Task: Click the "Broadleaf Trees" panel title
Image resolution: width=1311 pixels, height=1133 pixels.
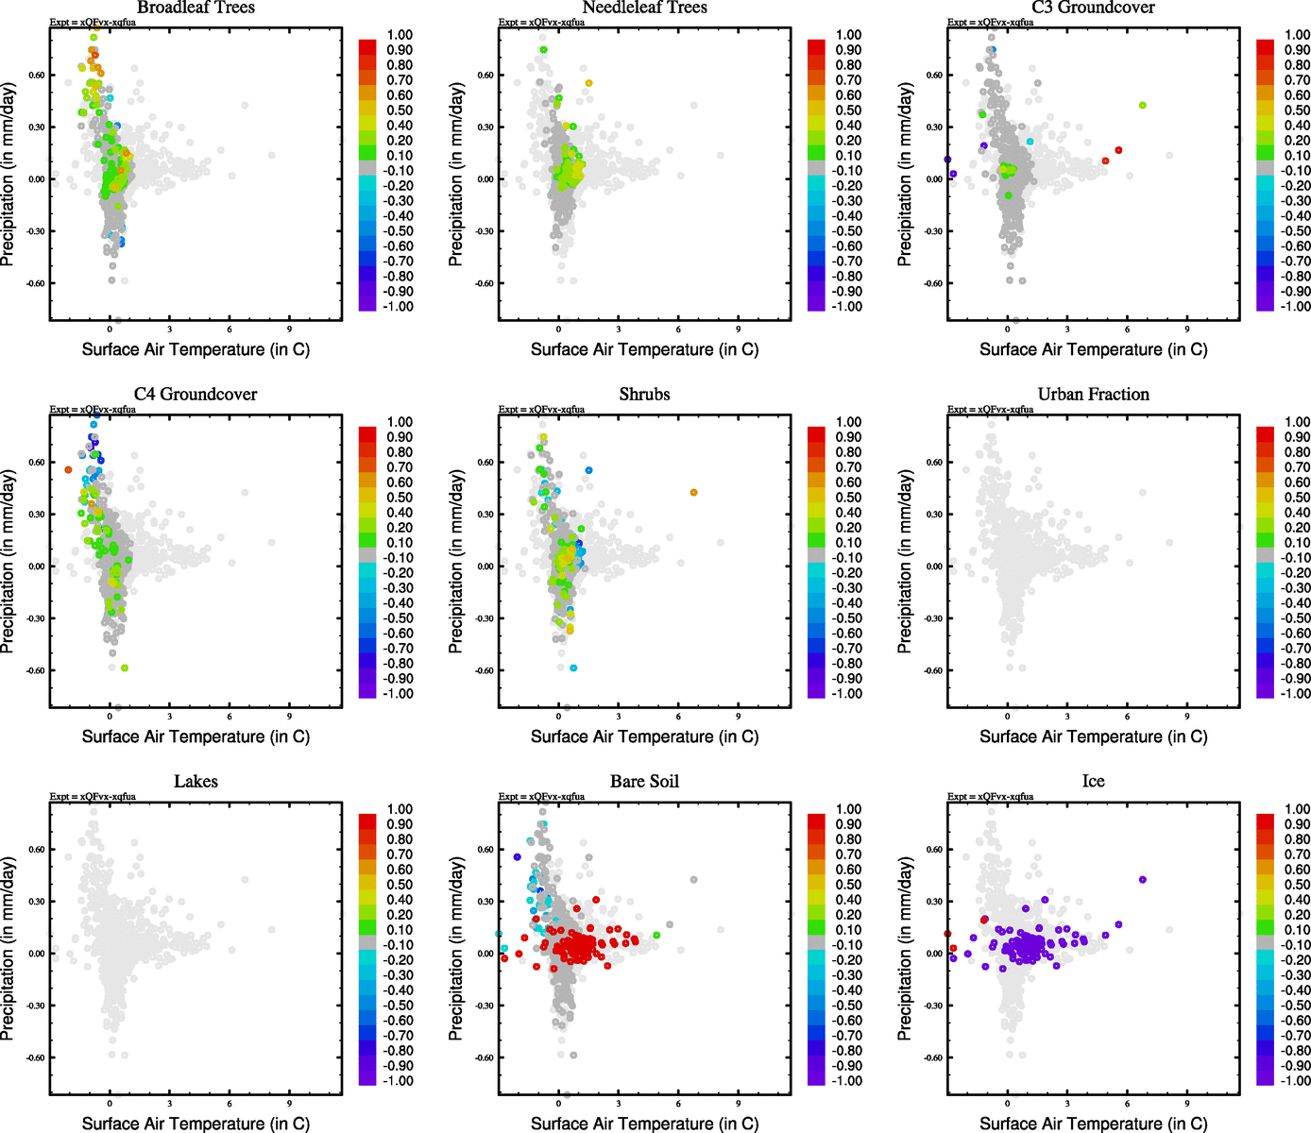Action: (x=196, y=8)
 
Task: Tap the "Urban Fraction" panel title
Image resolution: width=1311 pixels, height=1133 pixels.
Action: (x=1093, y=395)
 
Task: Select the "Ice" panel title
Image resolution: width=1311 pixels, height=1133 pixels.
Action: (x=1093, y=782)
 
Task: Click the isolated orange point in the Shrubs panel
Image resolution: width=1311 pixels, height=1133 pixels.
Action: (x=693, y=493)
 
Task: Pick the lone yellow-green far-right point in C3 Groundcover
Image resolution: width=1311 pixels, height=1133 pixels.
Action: (x=1142, y=106)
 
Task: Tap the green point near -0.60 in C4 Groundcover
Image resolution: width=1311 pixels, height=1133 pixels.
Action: (x=125, y=668)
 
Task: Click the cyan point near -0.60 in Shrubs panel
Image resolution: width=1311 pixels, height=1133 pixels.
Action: (x=573, y=668)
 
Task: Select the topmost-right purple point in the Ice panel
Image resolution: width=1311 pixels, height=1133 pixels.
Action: (x=1142, y=880)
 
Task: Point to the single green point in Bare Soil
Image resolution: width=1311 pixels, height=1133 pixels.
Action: (x=655, y=936)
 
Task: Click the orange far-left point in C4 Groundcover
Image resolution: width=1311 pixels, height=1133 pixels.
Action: (x=68, y=469)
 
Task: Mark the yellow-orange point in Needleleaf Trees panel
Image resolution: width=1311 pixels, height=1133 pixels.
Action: (x=588, y=83)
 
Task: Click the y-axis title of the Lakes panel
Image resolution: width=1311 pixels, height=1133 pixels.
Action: (x=9, y=949)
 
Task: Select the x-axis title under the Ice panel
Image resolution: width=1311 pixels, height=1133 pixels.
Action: (x=1093, y=1124)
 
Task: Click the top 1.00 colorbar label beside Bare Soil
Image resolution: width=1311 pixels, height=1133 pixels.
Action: (x=848, y=809)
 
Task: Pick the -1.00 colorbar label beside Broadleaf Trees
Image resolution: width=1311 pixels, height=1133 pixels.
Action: (x=398, y=307)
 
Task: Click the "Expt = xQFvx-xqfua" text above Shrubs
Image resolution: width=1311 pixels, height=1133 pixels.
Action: (x=541, y=410)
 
